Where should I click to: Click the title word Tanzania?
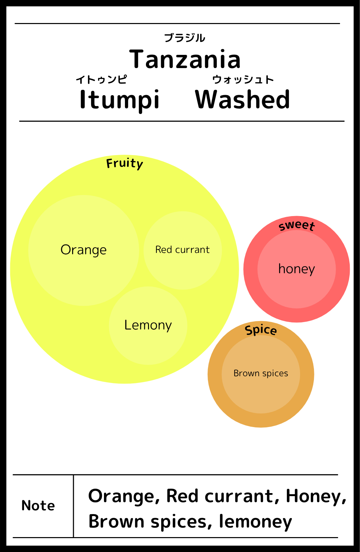tap(185, 59)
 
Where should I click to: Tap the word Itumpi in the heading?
tap(120, 100)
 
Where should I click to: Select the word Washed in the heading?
tap(242, 99)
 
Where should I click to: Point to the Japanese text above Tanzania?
tap(185, 38)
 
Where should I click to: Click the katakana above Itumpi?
tap(102, 79)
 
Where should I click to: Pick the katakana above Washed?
tap(243, 79)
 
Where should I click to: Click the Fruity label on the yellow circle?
tap(125, 163)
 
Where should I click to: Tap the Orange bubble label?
tap(84, 250)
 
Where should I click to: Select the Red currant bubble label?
tap(182, 250)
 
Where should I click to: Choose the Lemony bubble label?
tap(148, 325)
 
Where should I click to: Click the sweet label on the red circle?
tap(297, 226)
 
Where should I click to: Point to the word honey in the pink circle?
tap(297, 269)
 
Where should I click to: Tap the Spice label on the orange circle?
tap(261, 330)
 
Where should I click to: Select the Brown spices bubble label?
tap(261, 373)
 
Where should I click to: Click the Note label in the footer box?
tap(38, 505)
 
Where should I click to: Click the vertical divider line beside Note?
tap(73, 506)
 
